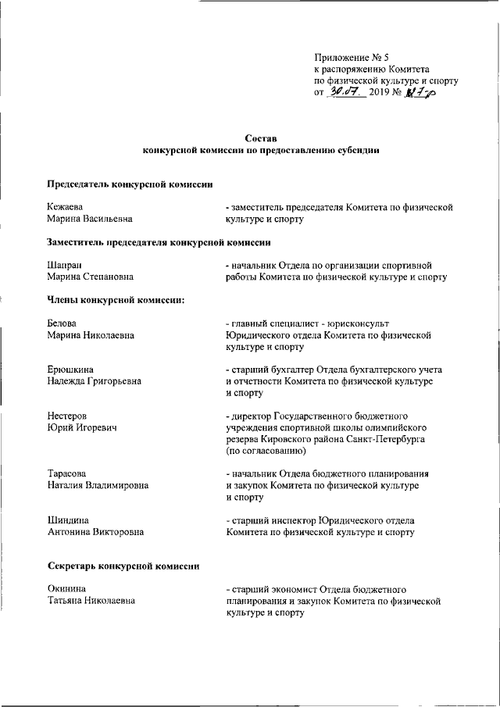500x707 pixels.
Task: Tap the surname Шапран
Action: pos(65,265)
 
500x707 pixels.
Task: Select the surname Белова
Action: pos(63,323)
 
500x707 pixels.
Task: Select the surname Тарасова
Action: pos(67,473)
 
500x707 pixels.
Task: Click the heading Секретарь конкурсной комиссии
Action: pos(117,566)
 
